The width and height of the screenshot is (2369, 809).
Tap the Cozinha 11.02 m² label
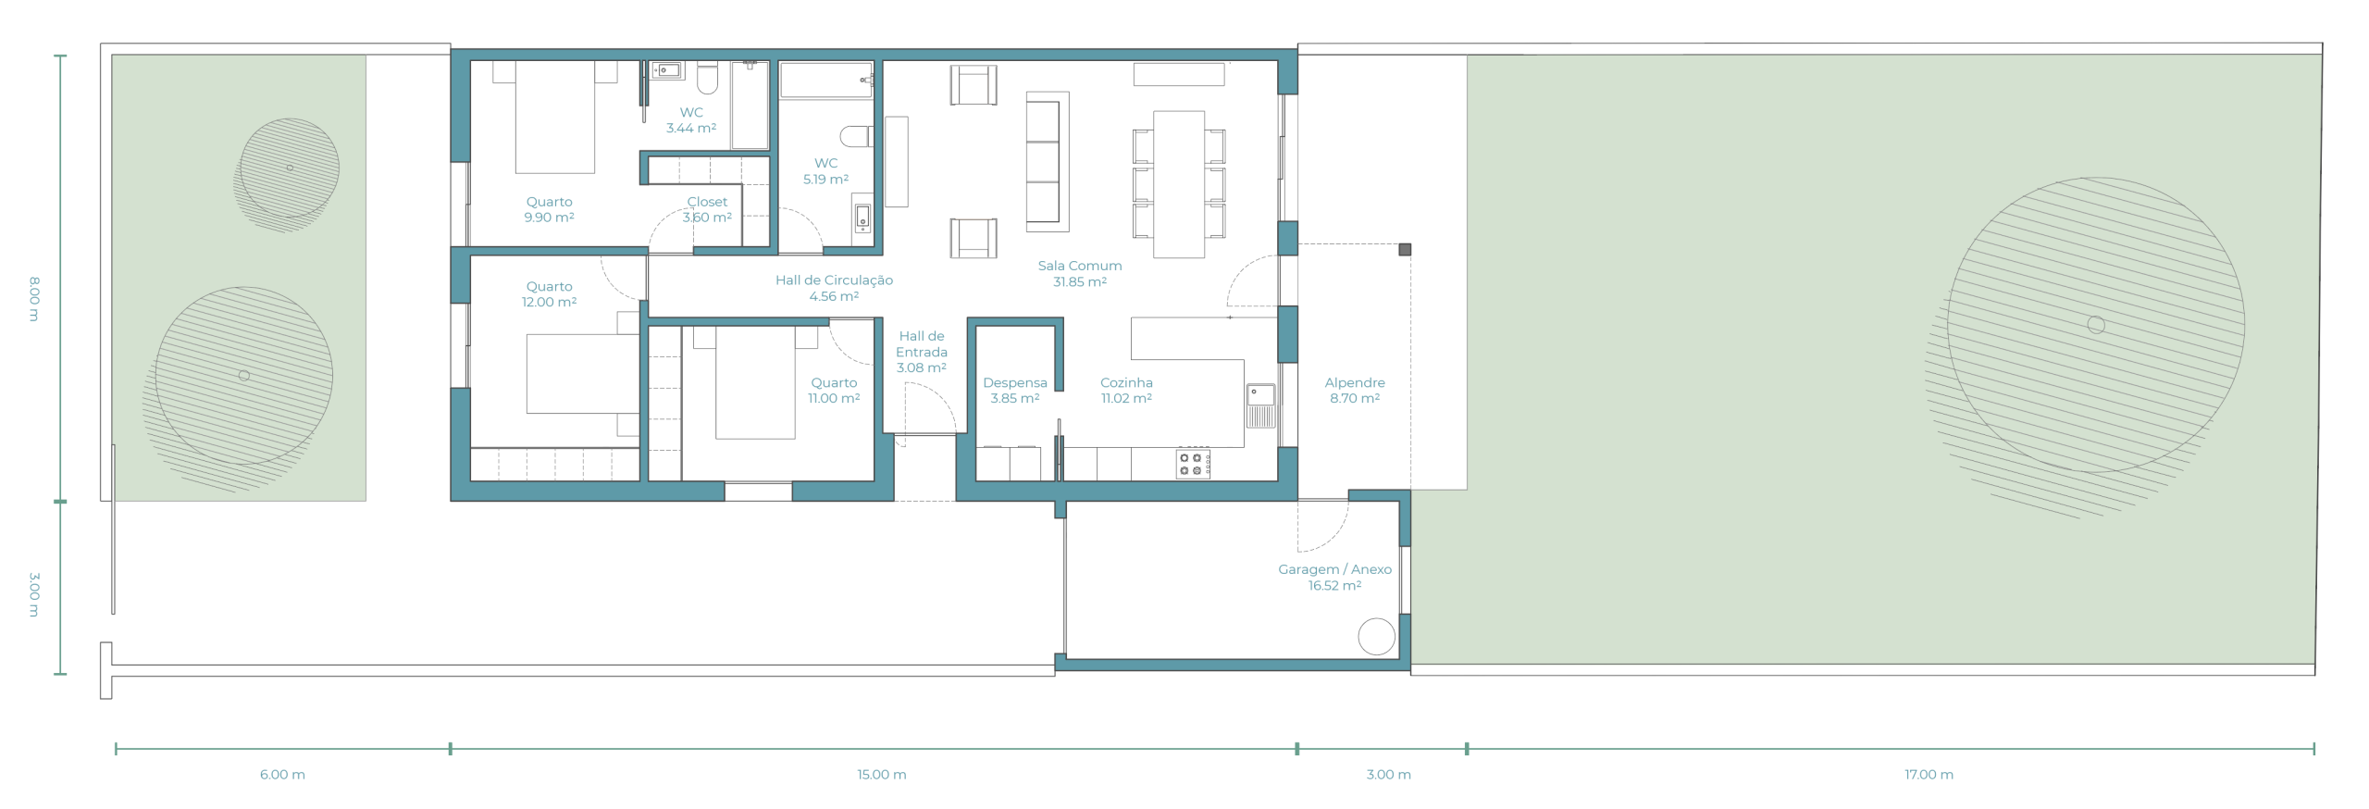point(1126,390)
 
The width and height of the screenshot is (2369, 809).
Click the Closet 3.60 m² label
point(707,209)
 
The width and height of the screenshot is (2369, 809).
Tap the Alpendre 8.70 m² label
point(1355,390)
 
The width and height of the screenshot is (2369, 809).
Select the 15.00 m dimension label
point(881,775)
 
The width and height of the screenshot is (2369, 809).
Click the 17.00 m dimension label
point(1929,775)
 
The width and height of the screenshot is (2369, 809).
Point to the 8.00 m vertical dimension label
point(34,298)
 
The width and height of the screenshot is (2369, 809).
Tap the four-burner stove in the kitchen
point(1193,464)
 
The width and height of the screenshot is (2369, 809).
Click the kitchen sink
point(1260,404)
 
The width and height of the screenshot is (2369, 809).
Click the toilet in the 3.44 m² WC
point(707,78)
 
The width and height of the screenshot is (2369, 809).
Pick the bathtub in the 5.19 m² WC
point(826,81)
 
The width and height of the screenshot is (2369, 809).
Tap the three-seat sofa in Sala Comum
point(1047,161)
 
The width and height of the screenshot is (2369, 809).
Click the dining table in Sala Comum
point(1179,184)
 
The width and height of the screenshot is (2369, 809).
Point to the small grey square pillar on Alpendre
point(1405,249)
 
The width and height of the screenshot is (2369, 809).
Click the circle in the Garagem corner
point(1376,637)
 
